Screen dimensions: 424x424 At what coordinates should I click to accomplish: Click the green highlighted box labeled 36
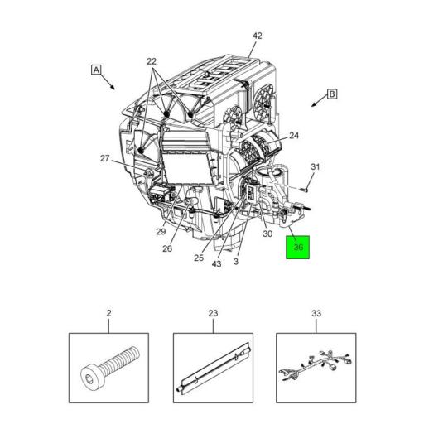click(x=298, y=247)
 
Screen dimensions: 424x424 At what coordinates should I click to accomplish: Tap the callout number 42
click(x=257, y=36)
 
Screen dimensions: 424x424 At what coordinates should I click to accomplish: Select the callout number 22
click(x=152, y=61)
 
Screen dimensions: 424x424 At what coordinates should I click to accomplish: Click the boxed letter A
click(x=96, y=70)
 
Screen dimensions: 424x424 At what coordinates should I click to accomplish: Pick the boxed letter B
click(x=332, y=94)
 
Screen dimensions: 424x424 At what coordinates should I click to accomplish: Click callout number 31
click(x=314, y=167)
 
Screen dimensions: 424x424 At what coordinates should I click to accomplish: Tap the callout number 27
click(x=105, y=158)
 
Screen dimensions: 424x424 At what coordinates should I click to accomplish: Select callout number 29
click(x=160, y=232)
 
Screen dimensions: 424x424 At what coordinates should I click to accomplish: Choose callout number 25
click(x=199, y=258)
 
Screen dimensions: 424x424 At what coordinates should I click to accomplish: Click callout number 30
click(x=267, y=234)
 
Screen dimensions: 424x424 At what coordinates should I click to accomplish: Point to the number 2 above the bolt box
click(x=108, y=314)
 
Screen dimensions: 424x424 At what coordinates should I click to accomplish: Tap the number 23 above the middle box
click(x=212, y=314)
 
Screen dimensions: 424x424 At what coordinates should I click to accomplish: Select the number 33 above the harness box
click(x=316, y=314)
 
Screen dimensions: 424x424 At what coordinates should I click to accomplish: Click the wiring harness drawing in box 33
click(x=316, y=369)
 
